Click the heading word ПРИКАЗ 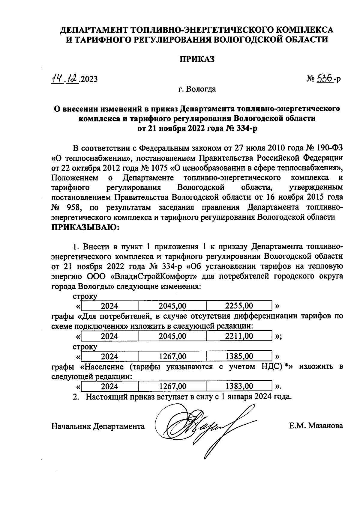pos(197,59)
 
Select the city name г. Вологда pos(197,89)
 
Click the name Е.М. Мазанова pos(316,426)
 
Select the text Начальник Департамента pos(98,426)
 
